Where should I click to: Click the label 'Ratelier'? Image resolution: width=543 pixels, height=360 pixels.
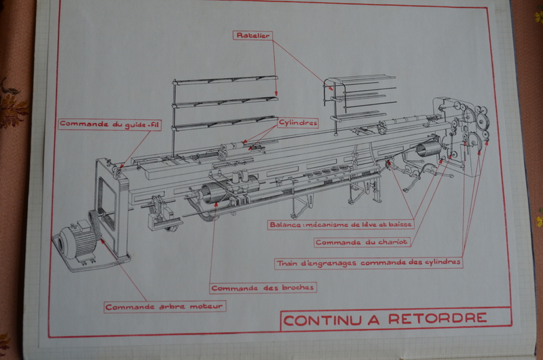pyautogui.click(x=252, y=34)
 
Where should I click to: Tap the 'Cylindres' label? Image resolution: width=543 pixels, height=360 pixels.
pyautogui.click(x=293, y=123)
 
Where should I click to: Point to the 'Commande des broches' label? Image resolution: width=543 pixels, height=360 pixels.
pyautogui.click(x=263, y=287)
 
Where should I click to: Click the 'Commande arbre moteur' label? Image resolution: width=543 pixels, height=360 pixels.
pyautogui.click(x=165, y=306)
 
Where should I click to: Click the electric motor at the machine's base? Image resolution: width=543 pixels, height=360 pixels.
pyautogui.click(x=75, y=241)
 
